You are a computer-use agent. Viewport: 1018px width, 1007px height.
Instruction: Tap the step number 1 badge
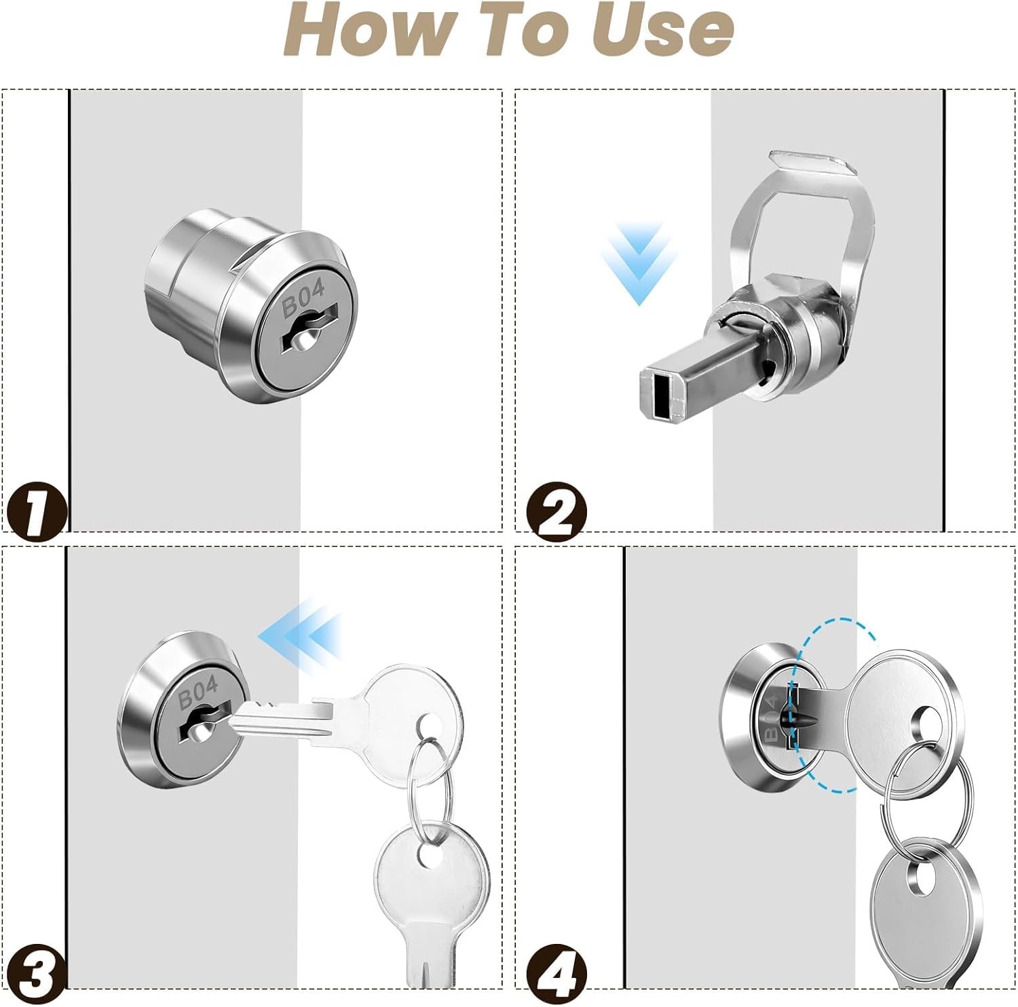(36, 508)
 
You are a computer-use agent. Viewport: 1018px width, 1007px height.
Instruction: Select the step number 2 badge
(558, 510)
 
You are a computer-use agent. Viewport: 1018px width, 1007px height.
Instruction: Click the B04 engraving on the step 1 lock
(303, 298)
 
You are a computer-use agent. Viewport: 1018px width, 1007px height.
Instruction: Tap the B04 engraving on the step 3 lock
(198, 692)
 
